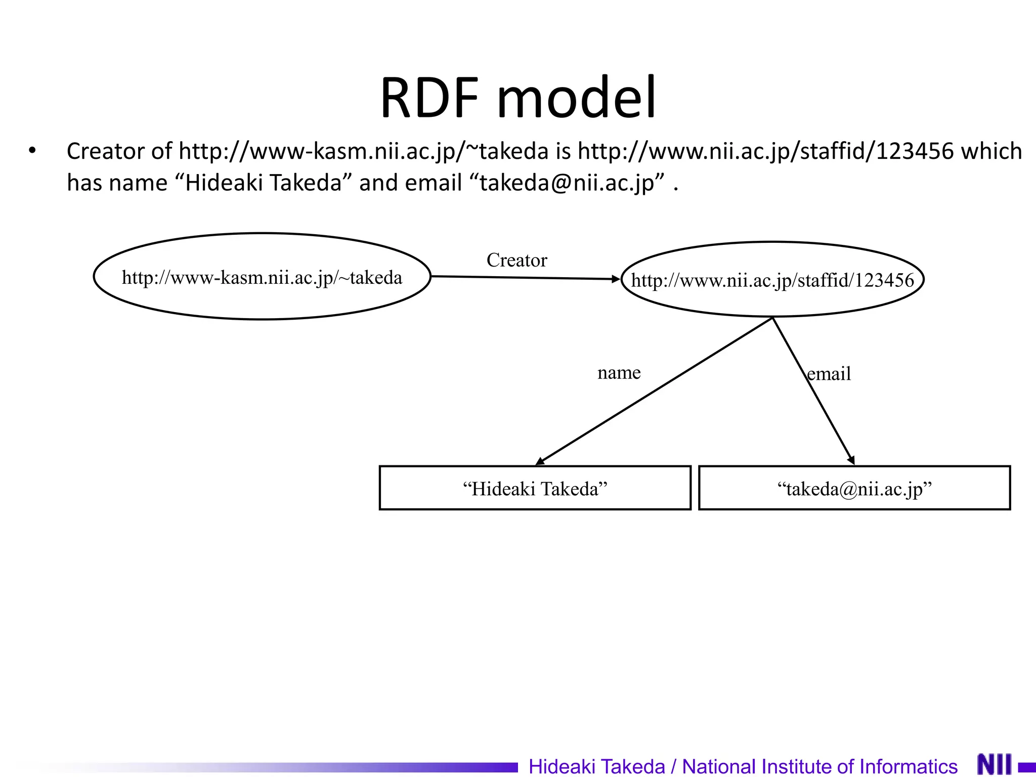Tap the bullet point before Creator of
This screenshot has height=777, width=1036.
pos(32,151)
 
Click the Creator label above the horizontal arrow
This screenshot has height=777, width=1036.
pos(516,260)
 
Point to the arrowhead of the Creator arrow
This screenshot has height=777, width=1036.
pos(616,279)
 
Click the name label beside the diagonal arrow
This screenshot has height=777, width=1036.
pos(619,372)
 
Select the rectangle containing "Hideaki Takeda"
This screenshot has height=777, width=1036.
pos(535,488)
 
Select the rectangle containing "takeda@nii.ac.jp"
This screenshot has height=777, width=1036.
pos(854,488)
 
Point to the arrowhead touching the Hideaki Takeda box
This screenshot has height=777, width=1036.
pos(540,461)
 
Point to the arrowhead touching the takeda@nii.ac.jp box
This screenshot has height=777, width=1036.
pos(852,460)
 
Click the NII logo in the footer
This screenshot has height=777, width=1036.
pos(994,764)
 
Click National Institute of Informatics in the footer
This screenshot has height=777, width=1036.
pos(819,766)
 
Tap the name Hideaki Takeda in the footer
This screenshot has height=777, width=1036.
pos(596,766)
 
